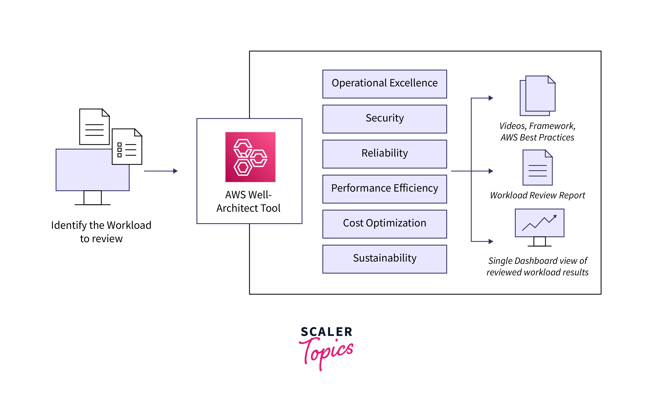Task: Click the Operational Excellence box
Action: pos(384,84)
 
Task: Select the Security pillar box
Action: pos(384,119)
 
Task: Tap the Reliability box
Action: pos(384,154)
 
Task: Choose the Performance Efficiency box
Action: pos(384,189)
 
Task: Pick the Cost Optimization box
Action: pos(384,224)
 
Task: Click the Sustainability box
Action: pos(384,259)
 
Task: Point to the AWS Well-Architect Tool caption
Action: pos(248,201)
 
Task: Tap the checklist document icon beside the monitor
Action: pos(127,147)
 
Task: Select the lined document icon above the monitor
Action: pos(94,127)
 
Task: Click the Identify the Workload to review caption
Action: pos(101,232)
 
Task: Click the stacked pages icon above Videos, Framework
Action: pos(537,96)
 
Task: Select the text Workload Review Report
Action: pos(537,195)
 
